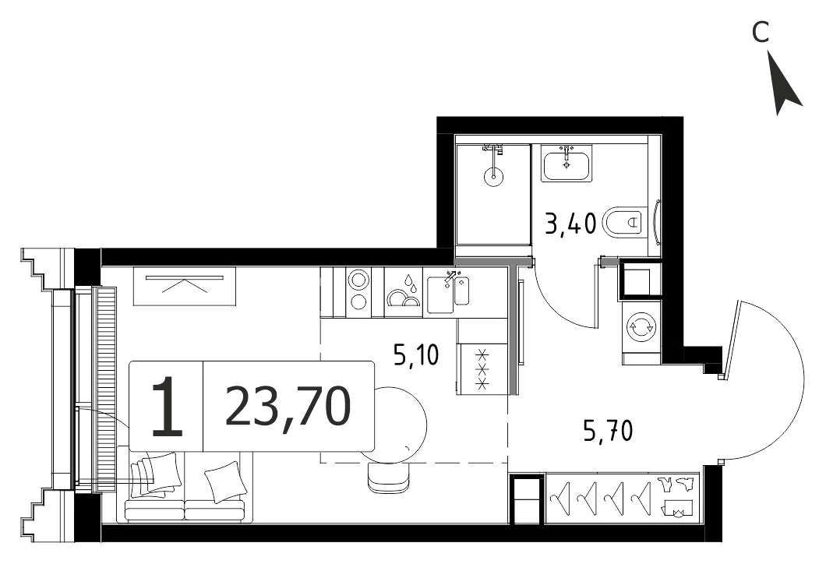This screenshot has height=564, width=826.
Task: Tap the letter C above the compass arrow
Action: pos(760,32)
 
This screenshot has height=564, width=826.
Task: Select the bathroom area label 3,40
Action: pos(571,223)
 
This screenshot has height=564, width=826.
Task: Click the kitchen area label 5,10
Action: pos(416,355)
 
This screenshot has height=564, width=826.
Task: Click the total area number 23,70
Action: pos(288,406)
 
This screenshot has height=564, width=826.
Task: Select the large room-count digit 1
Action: pos(167,406)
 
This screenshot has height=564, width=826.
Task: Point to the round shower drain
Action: pos(493,175)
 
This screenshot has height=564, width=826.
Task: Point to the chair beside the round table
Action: pos(389,478)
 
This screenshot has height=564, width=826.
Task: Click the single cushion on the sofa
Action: pos(225,481)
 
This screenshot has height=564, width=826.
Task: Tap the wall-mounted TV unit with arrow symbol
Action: pos(184,286)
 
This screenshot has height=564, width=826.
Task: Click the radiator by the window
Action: pos(104,390)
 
